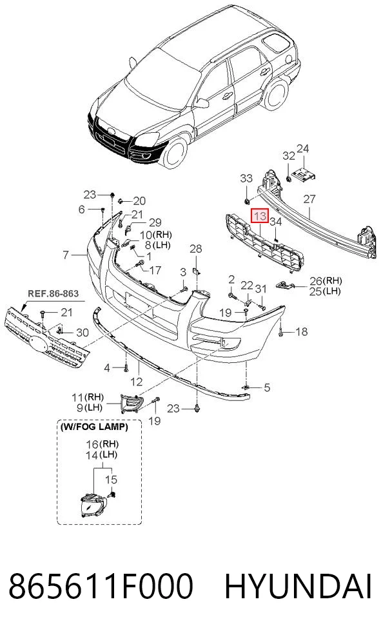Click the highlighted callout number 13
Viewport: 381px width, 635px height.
[x=260, y=215]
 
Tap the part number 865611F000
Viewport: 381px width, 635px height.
[x=101, y=587]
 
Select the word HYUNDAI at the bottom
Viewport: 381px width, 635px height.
[x=298, y=587]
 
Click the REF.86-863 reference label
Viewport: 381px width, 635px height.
[x=53, y=293]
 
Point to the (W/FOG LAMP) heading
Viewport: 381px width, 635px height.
[x=93, y=427]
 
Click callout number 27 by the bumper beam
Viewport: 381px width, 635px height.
[x=309, y=199]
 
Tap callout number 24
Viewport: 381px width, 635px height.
[x=303, y=149]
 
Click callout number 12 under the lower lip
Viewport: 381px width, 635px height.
[x=137, y=382]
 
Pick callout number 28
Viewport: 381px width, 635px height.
[x=195, y=248]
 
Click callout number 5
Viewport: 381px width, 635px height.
[x=266, y=387]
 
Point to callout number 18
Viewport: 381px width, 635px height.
[x=301, y=331]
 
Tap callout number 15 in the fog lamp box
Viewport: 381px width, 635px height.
[x=111, y=480]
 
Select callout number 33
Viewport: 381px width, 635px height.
[x=246, y=178]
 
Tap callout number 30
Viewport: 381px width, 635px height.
[x=82, y=333]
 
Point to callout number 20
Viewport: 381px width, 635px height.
[x=139, y=200]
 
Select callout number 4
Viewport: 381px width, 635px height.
[x=107, y=367]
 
